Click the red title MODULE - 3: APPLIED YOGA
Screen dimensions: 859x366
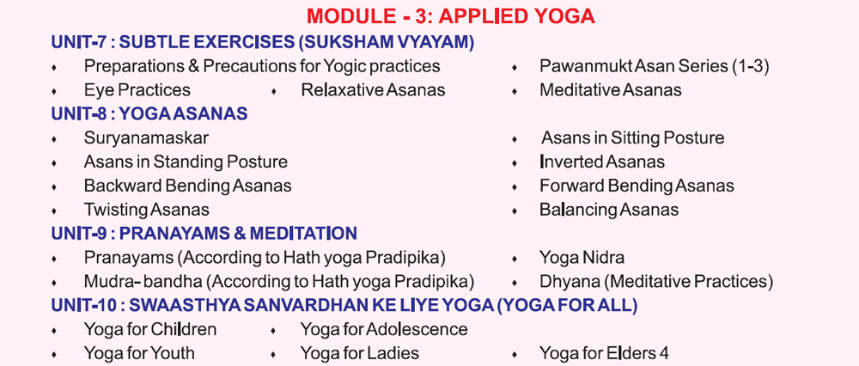pos(451,16)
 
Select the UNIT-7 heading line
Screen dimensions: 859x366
pos(262,42)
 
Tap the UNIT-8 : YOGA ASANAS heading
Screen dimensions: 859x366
pos(149,113)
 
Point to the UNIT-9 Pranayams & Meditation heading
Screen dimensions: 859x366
pos(204,234)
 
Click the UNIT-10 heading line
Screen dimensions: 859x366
pos(344,306)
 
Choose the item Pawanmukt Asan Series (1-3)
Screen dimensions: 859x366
pos(654,66)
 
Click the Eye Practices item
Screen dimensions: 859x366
pos(137,90)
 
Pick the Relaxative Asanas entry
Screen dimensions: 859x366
pos(373,90)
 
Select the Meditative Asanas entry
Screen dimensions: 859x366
pos(610,90)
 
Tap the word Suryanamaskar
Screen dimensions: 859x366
pos(146,138)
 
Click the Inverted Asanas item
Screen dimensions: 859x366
pos(602,162)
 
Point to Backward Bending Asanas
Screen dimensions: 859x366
pos(187,186)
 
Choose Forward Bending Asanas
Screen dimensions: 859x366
pos(637,186)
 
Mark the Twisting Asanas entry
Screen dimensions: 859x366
pos(146,210)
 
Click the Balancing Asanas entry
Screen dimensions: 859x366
pos(609,210)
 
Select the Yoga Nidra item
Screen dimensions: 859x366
pos(582,258)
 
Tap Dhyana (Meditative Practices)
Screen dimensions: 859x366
pos(656,282)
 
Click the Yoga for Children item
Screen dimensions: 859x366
pos(150,329)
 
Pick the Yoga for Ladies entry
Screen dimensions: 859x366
pos(359,353)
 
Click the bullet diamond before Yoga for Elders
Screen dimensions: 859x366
pos(515,355)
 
